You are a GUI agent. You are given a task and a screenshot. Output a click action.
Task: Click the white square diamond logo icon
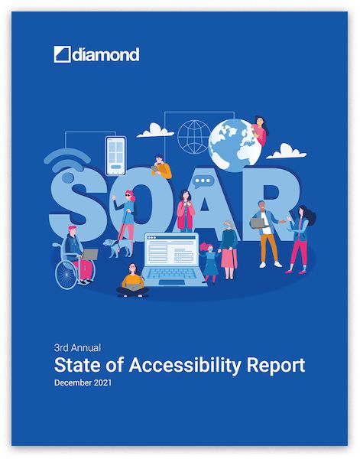click(x=62, y=54)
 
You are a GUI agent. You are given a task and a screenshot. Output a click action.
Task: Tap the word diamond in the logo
click(x=105, y=55)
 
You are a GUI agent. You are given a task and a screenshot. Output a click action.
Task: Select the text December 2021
click(x=83, y=382)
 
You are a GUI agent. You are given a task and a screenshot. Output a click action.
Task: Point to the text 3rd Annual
click(x=77, y=348)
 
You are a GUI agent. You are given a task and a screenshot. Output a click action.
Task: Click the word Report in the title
click(x=276, y=366)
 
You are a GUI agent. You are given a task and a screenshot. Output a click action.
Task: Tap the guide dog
click(x=117, y=247)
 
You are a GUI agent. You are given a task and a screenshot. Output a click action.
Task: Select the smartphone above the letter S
click(x=116, y=156)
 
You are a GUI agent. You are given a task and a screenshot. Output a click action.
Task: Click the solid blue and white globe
click(x=235, y=145)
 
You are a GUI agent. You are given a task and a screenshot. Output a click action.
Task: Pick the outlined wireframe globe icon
click(x=194, y=137)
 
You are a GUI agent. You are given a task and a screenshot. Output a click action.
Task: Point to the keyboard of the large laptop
click(x=173, y=273)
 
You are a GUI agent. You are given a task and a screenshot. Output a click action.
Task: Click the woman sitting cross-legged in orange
click(x=132, y=281)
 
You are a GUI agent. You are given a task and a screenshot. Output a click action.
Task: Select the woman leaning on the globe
click(x=260, y=130)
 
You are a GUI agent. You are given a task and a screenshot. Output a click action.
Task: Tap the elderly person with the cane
click(x=229, y=249)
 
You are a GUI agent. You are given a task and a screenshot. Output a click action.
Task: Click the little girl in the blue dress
click(x=210, y=262)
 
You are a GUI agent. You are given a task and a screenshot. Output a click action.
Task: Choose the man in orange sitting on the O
click(x=161, y=167)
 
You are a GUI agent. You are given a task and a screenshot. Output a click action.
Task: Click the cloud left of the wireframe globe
click(x=155, y=130)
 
